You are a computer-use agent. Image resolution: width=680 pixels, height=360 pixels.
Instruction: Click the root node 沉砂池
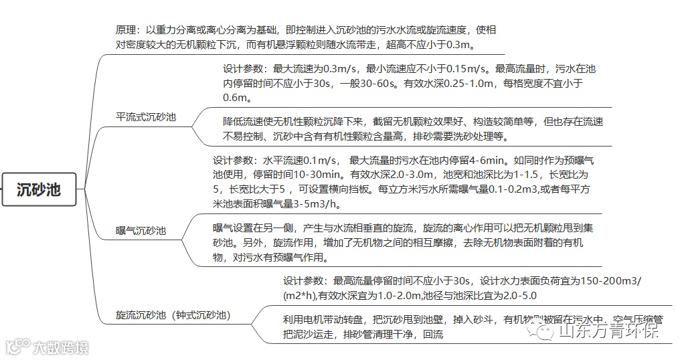(x=38, y=189)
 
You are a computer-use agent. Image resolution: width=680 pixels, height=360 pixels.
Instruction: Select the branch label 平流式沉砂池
(x=146, y=116)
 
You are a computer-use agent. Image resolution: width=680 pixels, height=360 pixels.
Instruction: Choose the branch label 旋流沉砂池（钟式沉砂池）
(x=173, y=314)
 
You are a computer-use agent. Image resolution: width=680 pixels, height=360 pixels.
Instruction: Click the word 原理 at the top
(x=127, y=31)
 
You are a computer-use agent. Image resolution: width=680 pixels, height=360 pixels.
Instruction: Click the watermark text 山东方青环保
(x=608, y=331)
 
